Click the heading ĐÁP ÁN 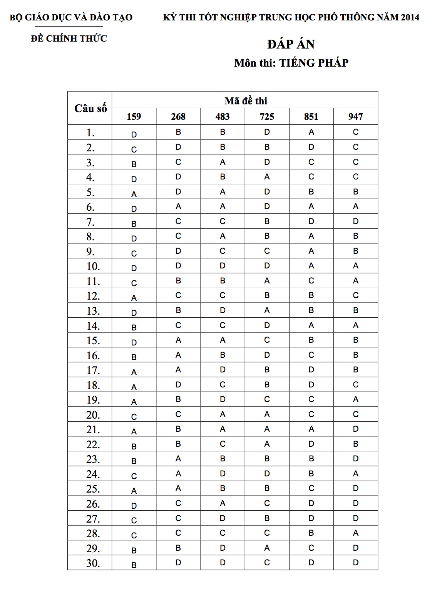coord(291,44)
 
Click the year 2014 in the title coord(410,17)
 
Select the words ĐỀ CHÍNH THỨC coord(69,39)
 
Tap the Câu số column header coord(90,108)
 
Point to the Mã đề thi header coord(246,101)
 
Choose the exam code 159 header coord(134,116)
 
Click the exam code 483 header coord(223,116)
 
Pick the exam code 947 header coord(355,116)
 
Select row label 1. coord(90,133)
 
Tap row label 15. coord(93,341)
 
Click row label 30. coord(93,563)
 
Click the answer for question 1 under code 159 coord(134,135)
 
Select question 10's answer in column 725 coord(267,266)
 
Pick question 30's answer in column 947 coord(355,563)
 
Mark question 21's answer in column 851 coord(311,429)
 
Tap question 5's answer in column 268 coord(178,192)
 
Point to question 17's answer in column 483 coord(223,370)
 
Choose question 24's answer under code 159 coord(134,476)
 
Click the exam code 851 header coord(311,116)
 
